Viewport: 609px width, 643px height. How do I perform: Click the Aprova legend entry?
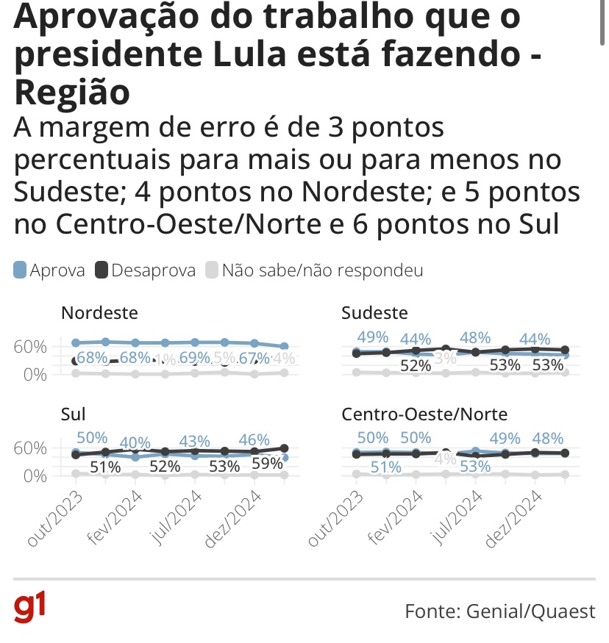pos(49,270)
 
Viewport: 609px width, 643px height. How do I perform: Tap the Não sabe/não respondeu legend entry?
pos(314,270)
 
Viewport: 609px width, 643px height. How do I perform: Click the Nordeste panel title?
pos(99,313)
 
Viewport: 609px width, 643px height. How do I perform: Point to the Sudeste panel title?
pos(375,313)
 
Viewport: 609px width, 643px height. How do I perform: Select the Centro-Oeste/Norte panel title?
pos(425,414)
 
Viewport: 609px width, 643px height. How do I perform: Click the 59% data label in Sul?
pos(267,464)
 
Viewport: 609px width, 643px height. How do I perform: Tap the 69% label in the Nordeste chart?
pos(195,358)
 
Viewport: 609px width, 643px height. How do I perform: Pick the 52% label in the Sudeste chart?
pos(416,365)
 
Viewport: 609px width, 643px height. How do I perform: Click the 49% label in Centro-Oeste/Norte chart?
pos(505,438)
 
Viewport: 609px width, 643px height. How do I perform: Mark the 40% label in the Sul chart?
pos(135,443)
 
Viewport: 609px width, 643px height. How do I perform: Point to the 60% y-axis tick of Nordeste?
pos(29,346)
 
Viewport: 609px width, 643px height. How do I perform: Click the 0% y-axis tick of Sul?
pos(34,475)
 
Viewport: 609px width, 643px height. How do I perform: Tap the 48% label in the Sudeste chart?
pos(475,338)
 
